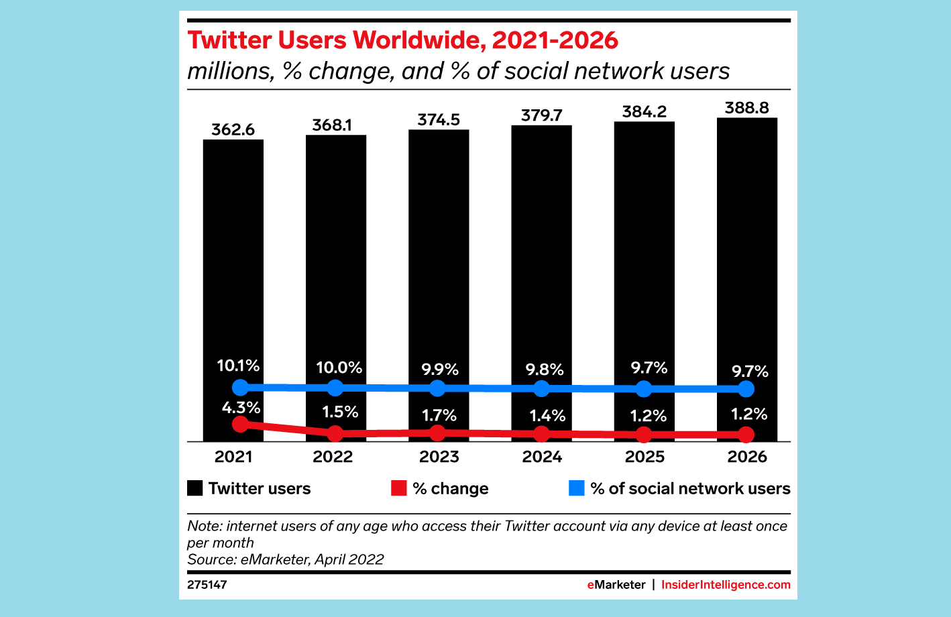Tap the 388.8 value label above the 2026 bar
coord(746,108)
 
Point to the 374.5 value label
coord(439,119)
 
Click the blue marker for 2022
coord(335,388)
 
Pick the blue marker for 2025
coord(643,389)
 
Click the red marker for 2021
coord(240,424)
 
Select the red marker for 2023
coord(437,433)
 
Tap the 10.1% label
coord(238,366)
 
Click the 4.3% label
coord(241,408)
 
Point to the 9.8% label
coord(545,370)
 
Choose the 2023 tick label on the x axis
coord(439,457)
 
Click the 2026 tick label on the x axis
coord(747,457)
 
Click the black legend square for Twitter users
coord(194,488)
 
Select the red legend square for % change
coord(399,488)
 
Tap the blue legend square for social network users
coord(577,488)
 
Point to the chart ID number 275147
coord(207,585)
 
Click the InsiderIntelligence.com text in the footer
coord(726,585)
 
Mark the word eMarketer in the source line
coord(274,559)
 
